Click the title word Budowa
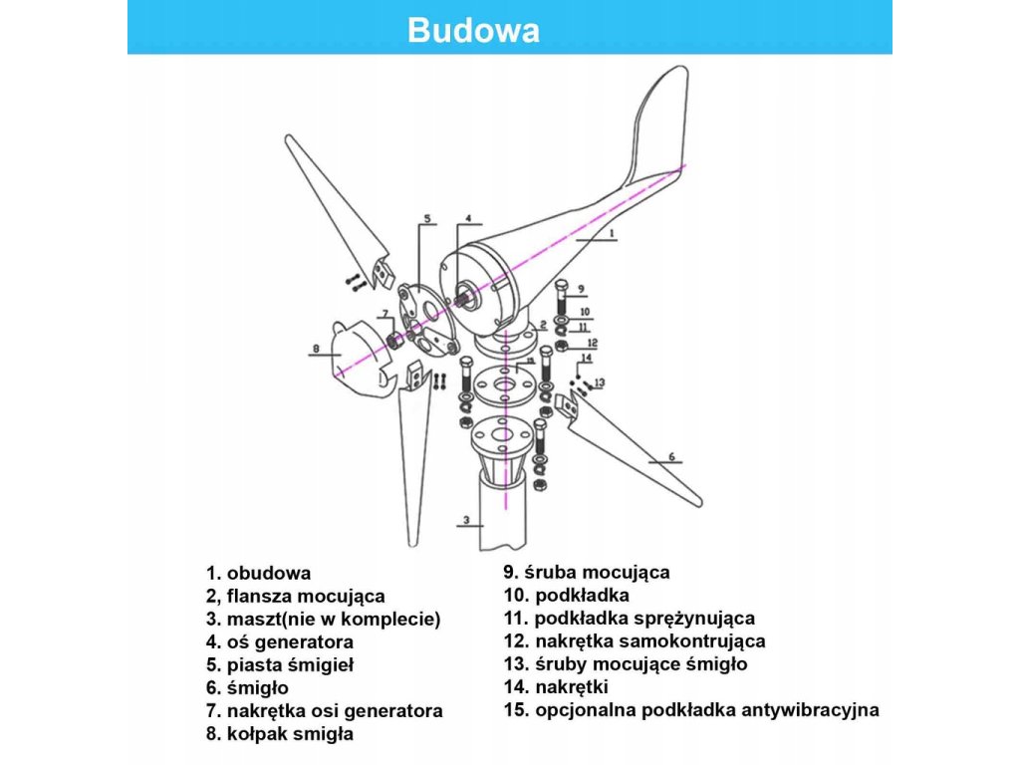tap(473, 30)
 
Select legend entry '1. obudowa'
tap(259, 573)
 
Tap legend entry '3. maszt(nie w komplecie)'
tap(323, 619)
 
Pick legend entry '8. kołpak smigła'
tap(280, 734)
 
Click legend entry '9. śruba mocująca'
tap(587, 572)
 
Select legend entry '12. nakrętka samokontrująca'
tap(635, 640)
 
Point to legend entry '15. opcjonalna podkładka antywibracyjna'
tap(692, 709)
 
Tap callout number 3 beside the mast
tap(465, 519)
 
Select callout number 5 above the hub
tap(426, 217)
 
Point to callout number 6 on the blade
tap(670, 456)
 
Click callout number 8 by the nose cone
tap(315, 349)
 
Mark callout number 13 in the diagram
tap(599, 382)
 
